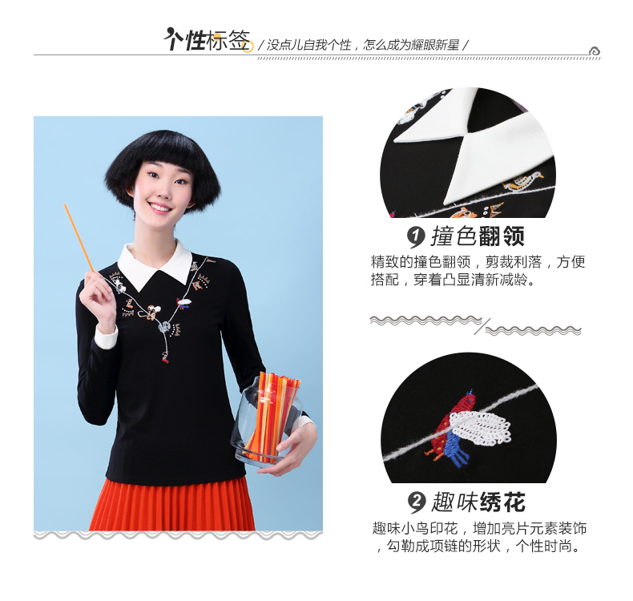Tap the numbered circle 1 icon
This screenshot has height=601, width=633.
(x=416, y=237)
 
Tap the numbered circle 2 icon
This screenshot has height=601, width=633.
(x=416, y=502)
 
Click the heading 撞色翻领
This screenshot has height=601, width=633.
(x=478, y=236)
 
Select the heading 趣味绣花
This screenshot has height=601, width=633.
(x=479, y=502)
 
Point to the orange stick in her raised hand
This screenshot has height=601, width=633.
(x=79, y=238)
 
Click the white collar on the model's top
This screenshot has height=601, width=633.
(x=155, y=263)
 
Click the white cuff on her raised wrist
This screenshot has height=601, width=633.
(x=106, y=337)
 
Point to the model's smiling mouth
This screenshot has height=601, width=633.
(x=160, y=208)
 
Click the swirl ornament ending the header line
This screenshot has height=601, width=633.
(x=595, y=51)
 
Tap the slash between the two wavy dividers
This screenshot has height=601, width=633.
(x=482, y=326)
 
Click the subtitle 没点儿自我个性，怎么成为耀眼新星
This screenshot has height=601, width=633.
(x=363, y=45)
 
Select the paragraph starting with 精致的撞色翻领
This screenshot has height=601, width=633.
(x=478, y=270)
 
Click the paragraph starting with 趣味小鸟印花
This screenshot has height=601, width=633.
(x=479, y=537)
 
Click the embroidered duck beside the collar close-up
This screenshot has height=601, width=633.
(x=523, y=181)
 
